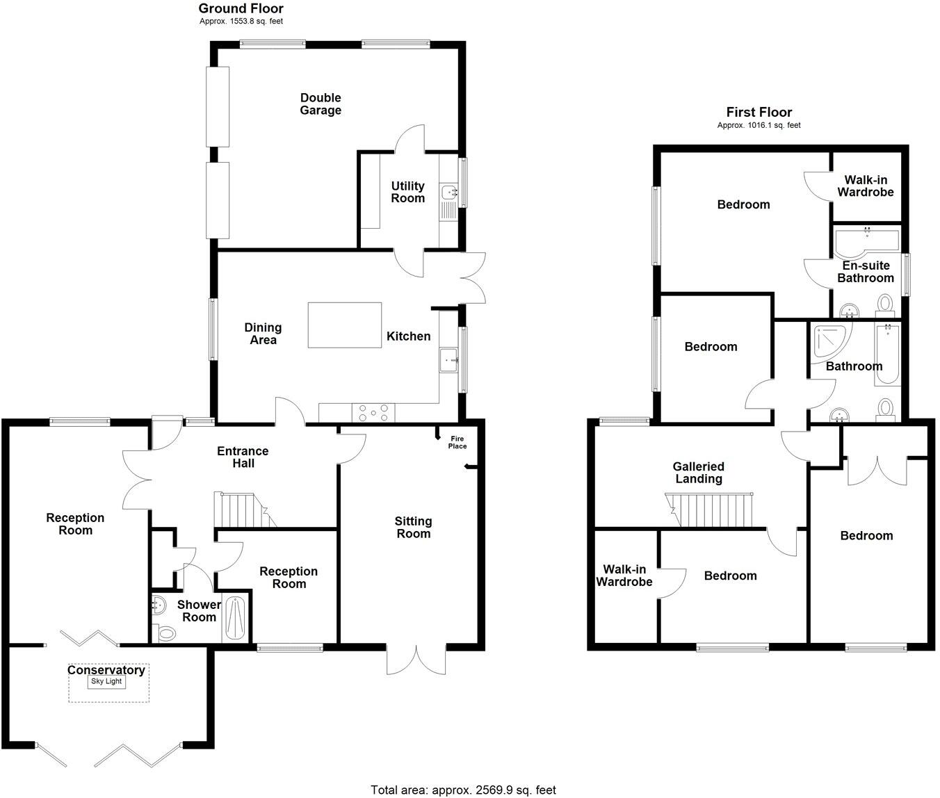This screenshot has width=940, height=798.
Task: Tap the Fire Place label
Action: (457, 442)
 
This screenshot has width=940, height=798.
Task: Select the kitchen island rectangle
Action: (345, 325)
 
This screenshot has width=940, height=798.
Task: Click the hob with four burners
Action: (373, 413)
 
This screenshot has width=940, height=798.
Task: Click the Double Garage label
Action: (321, 104)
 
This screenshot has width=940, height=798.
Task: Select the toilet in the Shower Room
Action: (166, 633)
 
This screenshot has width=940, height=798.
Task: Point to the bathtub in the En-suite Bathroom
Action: (866, 240)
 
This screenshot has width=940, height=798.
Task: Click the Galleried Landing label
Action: (699, 473)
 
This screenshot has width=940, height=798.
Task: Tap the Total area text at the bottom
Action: (463, 790)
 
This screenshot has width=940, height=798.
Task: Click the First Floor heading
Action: (759, 112)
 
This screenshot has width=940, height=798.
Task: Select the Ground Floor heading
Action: (241, 8)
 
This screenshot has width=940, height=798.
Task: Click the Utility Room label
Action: (407, 192)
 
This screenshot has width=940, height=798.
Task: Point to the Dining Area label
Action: (263, 333)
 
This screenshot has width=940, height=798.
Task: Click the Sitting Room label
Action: (413, 527)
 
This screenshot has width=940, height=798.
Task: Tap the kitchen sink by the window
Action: (448, 360)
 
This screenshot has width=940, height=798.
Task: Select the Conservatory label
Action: (106, 670)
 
